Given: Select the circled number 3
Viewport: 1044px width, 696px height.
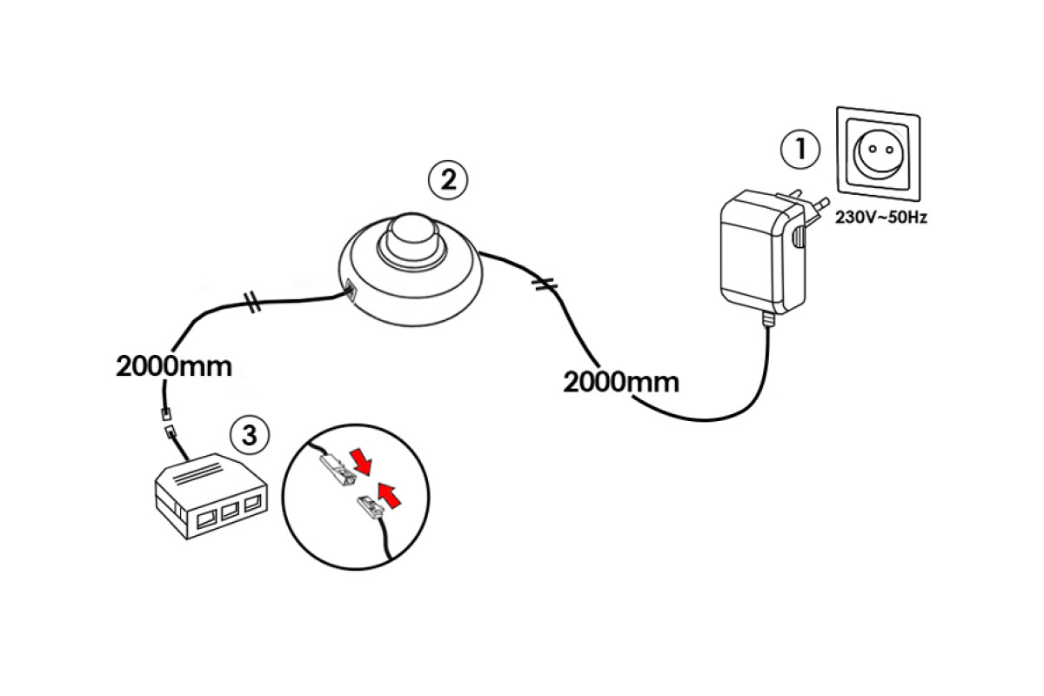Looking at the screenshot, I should coord(250,435).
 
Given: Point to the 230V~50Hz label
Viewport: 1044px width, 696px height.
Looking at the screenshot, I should coord(880,217).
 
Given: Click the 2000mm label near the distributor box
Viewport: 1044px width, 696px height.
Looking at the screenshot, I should coord(174,366).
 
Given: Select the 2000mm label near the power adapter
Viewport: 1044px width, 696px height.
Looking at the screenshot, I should coord(621,382).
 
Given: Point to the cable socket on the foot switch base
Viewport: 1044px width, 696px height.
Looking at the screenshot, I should coord(349,292).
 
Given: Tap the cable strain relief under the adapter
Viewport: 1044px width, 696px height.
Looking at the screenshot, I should coord(767,319).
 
